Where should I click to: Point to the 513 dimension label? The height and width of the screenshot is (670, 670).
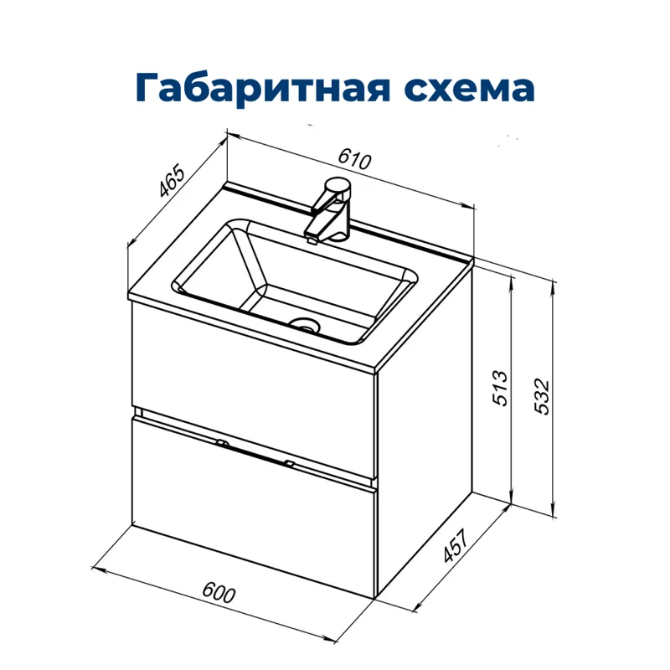[x=500, y=388]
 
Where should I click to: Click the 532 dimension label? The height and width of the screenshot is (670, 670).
[x=542, y=394]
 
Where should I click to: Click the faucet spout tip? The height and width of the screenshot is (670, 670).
[x=312, y=236]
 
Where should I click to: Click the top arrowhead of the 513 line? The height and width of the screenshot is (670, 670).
[x=512, y=277]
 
